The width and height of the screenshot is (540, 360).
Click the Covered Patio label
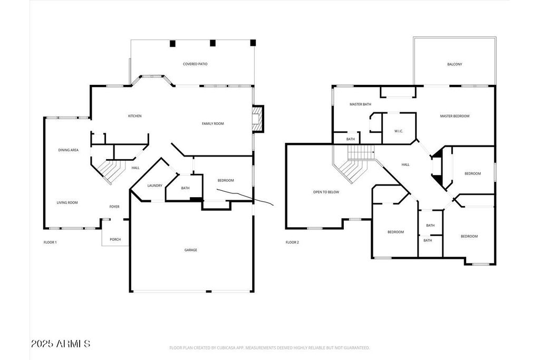[x=195, y=64]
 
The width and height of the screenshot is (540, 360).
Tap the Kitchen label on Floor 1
[x=134, y=116]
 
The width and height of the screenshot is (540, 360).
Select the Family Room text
[x=213, y=123]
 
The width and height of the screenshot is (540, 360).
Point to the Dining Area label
[x=68, y=150]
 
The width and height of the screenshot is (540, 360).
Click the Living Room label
[x=67, y=203]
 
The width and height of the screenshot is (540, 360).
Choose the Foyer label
[x=114, y=207]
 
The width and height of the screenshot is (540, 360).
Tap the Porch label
[x=115, y=239]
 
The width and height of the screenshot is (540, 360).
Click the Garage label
[x=191, y=250]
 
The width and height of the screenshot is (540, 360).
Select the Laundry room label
[x=155, y=186]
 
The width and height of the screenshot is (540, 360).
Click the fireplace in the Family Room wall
[x=257, y=119]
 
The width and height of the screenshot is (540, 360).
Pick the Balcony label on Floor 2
[x=455, y=64]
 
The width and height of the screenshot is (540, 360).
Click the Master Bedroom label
[x=455, y=116]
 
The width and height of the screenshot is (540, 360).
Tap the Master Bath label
[x=360, y=104]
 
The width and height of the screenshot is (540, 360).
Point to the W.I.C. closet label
[x=399, y=131]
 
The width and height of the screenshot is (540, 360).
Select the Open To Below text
[x=326, y=192]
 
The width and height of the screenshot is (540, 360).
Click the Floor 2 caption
[x=292, y=242]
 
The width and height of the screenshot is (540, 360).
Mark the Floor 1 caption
[x=50, y=242]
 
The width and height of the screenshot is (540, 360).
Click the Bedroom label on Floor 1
[x=226, y=180]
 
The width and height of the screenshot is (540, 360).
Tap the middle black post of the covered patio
[x=213, y=43]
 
